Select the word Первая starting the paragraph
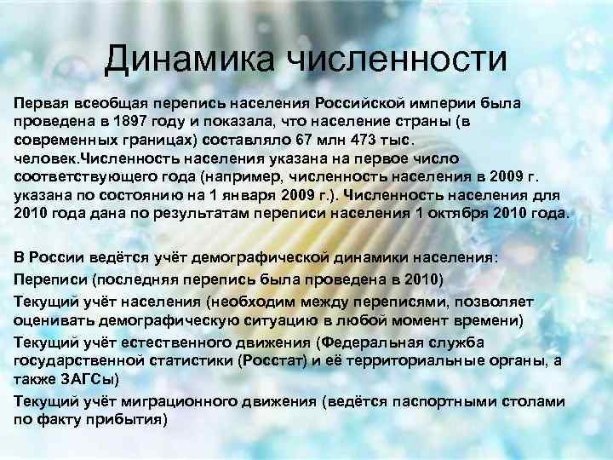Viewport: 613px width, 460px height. pyautogui.click(x=38, y=102)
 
